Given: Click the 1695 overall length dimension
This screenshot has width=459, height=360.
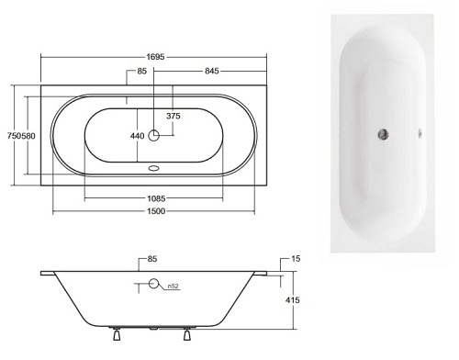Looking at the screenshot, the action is click(x=155, y=57).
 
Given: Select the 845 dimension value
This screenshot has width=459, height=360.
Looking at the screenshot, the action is click(x=212, y=71).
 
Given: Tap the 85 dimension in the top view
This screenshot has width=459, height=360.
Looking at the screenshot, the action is click(x=141, y=71).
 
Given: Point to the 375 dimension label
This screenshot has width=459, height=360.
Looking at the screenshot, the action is click(x=174, y=116).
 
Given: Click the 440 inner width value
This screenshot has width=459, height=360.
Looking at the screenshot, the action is click(x=137, y=136).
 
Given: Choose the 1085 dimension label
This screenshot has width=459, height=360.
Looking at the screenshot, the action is click(x=156, y=198).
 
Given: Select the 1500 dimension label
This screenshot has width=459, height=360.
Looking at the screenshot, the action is click(x=156, y=211).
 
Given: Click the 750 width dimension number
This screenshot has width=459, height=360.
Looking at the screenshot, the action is click(x=14, y=136).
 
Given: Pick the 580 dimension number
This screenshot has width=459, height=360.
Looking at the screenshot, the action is click(x=28, y=136).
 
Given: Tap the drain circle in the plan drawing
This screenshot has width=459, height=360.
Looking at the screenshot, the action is click(x=153, y=135).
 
